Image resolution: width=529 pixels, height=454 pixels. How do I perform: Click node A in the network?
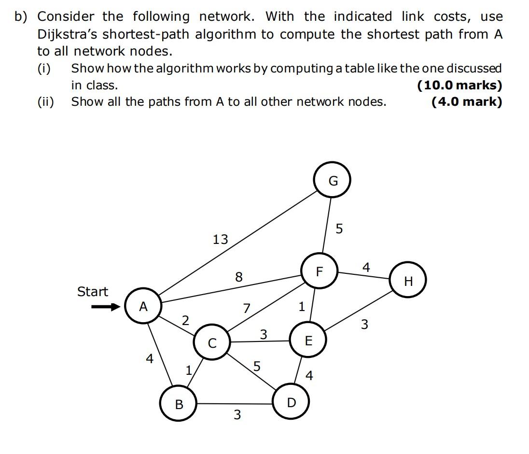pos(143,306)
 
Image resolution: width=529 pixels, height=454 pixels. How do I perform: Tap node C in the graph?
pos(212,343)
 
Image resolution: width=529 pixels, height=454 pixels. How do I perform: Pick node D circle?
pos(291,402)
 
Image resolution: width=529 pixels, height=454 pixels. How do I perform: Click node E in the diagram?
pos(308,341)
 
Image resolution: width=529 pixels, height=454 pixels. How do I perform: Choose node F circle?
pos(319,272)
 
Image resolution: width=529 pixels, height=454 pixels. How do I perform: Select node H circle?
pos(408,281)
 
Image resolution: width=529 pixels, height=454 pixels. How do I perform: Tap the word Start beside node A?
pos(93,292)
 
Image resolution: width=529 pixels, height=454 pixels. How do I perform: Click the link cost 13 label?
pos(220,239)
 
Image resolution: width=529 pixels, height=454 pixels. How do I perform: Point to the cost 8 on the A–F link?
pos(238,277)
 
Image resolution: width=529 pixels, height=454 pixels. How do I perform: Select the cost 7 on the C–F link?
pos(247,308)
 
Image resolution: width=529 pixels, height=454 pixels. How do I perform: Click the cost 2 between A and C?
pos(185,320)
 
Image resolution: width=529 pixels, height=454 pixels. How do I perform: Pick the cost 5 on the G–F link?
pos(339,228)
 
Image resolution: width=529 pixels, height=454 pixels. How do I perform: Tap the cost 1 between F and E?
pos(302,307)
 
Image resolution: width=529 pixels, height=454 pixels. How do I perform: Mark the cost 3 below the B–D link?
pos(237,414)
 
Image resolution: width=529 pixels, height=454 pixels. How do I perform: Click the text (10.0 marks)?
pos(459,85)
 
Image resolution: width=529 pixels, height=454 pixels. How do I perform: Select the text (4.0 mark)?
pos(467,102)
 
